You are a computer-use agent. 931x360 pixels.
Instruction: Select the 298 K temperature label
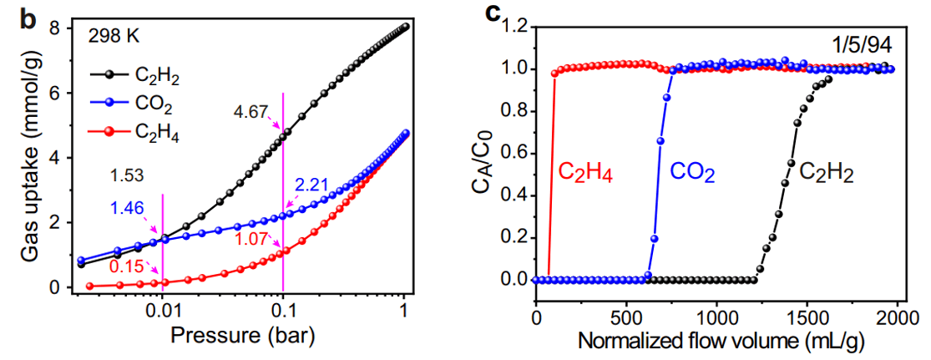115,38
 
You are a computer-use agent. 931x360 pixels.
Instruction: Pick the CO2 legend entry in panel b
152,106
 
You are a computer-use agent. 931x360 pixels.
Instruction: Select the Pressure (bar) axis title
241,337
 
